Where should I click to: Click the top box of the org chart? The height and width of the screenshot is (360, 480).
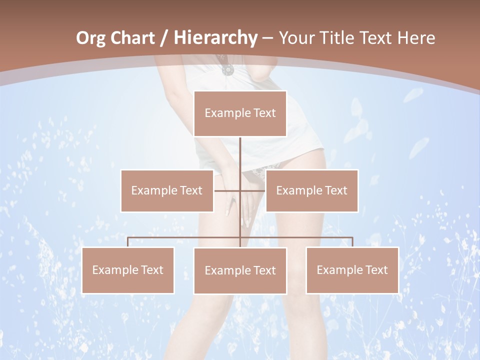240,113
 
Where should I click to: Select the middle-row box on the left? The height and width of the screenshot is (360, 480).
167,190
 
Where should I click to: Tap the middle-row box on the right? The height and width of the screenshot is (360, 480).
311,190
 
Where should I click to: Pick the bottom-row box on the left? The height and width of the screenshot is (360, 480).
128,270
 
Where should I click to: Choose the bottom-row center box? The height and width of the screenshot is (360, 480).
240,270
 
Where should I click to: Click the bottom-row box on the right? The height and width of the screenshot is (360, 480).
352,270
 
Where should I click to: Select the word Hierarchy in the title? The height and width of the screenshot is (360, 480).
215,38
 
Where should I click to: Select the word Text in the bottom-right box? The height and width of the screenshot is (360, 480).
376,270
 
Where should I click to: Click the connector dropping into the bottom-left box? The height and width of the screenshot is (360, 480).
128,242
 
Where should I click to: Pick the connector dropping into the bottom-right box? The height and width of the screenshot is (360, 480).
352,242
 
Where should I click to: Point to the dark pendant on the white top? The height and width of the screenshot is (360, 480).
226,69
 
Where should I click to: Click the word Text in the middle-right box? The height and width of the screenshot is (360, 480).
335,190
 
